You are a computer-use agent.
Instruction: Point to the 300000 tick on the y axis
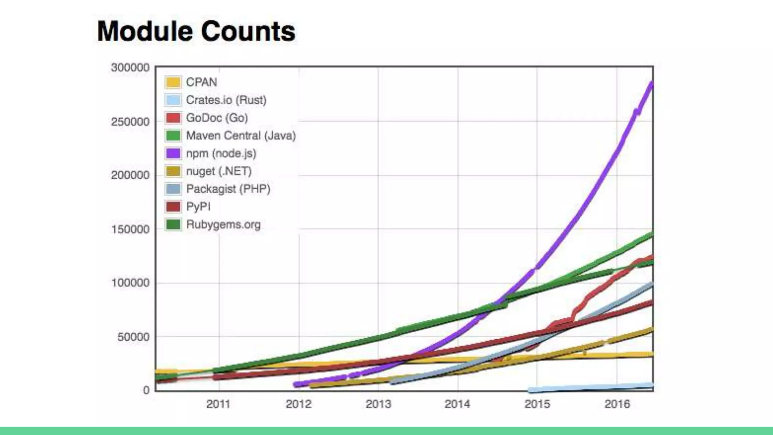click(x=130, y=68)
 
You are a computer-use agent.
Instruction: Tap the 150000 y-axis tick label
click(x=130, y=229)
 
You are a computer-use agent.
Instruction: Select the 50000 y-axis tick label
click(x=133, y=336)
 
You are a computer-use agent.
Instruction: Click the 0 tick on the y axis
click(x=146, y=390)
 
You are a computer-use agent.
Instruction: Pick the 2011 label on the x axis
click(x=218, y=404)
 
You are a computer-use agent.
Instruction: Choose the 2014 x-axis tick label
click(x=457, y=404)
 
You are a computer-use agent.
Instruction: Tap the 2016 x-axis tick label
click(x=617, y=404)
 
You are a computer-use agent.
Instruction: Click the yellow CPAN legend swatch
click(x=173, y=82)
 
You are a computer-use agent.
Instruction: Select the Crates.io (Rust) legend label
click(x=226, y=100)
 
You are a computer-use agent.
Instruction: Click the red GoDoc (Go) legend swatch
click(x=173, y=118)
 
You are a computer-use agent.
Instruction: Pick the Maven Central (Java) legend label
click(x=241, y=136)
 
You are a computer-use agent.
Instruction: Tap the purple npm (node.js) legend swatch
click(x=173, y=153)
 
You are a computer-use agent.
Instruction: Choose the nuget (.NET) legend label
click(x=219, y=171)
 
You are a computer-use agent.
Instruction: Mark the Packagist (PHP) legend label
click(x=228, y=189)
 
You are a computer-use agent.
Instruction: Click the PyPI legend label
click(x=198, y=207)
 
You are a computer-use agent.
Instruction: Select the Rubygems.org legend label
click(x=223, y=224)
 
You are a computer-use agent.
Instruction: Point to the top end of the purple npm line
click(x=651, y=83)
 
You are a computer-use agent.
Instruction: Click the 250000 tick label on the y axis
click(x=130, y=122)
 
